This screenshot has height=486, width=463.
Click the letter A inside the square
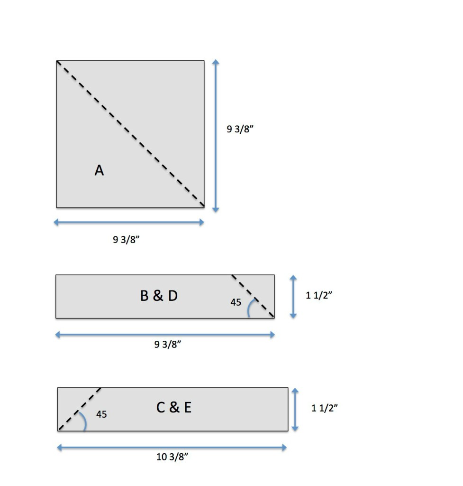99,170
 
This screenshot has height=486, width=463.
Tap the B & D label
159,296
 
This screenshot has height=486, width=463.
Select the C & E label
174,407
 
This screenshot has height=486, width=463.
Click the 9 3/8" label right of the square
240,129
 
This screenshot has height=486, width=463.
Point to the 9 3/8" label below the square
126,239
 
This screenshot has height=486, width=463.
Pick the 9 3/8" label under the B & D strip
168,344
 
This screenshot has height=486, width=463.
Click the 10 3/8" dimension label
172,457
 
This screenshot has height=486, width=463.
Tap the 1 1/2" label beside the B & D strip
319,295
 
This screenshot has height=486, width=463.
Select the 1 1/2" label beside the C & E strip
324,408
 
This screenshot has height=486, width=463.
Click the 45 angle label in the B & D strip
236,302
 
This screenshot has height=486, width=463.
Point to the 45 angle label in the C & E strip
101,414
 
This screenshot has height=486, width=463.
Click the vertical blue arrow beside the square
216,136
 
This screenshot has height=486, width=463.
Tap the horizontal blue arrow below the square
129,222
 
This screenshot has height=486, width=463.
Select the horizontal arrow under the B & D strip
165,335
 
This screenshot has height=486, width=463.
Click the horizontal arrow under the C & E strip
172,448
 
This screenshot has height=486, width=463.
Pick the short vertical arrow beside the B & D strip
293,297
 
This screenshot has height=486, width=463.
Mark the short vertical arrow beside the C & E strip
295,410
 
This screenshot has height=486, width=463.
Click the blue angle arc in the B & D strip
249,307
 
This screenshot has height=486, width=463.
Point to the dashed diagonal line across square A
130,134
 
